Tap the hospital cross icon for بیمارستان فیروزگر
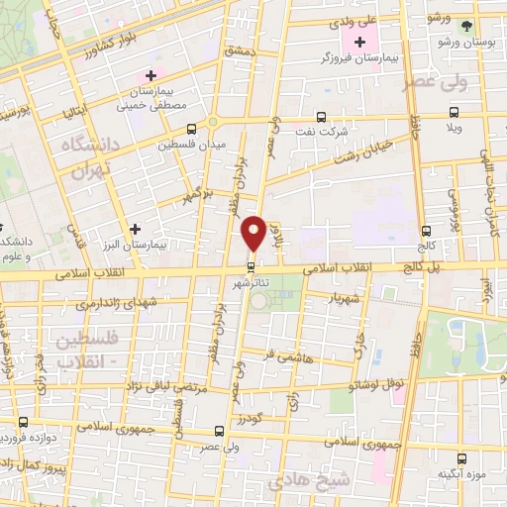(359, 42)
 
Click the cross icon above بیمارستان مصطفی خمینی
(151, 75)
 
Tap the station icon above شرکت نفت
(320, 116)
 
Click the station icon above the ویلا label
(456, 116)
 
